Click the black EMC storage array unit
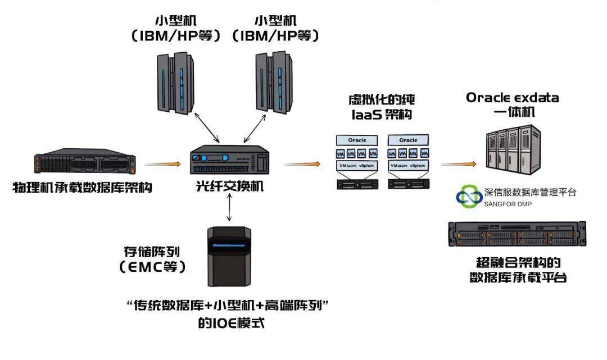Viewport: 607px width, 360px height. point(229,256)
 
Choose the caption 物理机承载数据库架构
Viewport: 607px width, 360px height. point(82,188)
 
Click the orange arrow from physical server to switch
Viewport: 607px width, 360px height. point(162,164)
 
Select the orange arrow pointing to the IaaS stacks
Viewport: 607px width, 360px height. point(302,164)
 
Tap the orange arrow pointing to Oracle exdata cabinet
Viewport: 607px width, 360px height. point(458,165)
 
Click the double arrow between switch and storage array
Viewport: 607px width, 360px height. point(229,209)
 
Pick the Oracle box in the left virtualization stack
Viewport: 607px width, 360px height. point(357,140)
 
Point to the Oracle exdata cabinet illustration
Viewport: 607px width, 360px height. point(512,148)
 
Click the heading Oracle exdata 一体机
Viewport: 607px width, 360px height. point(512,104)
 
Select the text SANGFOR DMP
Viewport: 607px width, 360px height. point(508,204)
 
